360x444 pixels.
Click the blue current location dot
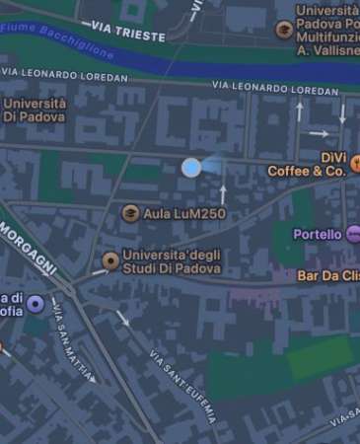coord(191,168)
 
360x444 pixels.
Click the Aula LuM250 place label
coord(185,213)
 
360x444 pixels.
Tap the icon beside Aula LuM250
coord(130,213)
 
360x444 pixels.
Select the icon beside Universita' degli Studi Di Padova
coord(110,260)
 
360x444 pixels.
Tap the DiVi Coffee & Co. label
coord(307,164)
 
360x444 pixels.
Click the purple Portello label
coord(317,234)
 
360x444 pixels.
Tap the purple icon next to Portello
coord(354,234)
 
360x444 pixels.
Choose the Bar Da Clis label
coord(327,276)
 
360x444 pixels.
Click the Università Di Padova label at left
coord(36,110)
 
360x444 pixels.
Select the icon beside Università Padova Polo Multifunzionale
coord(285,30)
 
